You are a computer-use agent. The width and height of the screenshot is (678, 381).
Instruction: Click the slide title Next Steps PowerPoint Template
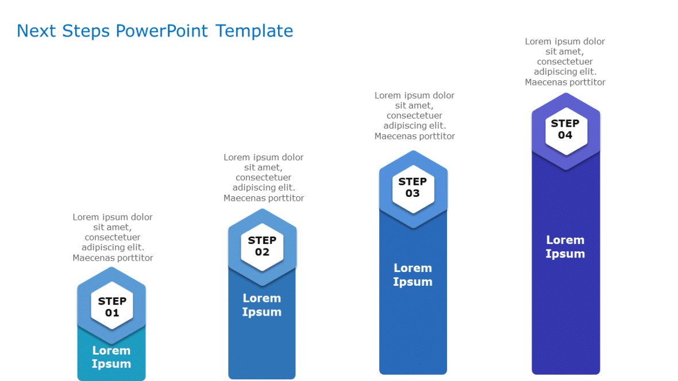155,31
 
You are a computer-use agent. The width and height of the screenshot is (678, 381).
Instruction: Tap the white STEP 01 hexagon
112,306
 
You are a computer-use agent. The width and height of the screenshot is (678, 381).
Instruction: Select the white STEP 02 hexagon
262,246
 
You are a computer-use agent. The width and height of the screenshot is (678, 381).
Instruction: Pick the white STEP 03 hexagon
413,188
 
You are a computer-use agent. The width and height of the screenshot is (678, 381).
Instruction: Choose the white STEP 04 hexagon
565,130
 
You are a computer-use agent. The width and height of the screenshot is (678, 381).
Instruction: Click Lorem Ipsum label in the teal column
111,357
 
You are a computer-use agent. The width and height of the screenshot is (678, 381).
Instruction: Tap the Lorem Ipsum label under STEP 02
261,305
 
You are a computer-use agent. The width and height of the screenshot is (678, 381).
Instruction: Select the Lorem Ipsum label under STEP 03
413,275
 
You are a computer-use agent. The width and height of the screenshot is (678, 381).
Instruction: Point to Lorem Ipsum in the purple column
565,247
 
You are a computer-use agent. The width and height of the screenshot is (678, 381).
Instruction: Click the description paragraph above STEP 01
113,238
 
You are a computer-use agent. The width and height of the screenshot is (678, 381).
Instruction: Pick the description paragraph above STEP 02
263,177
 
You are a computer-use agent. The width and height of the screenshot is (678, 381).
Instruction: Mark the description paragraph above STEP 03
414,116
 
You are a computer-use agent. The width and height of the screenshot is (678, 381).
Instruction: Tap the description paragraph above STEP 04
565,61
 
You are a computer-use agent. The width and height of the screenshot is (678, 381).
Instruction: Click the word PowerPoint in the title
161,31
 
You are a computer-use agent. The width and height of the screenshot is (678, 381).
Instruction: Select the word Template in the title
254,31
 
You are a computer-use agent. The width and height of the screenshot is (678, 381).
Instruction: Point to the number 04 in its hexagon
565,135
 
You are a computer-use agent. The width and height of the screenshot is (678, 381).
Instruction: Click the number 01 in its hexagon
112,313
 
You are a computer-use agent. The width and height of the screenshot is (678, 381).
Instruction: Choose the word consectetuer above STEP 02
263,177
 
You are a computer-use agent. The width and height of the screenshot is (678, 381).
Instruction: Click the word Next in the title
36,31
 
